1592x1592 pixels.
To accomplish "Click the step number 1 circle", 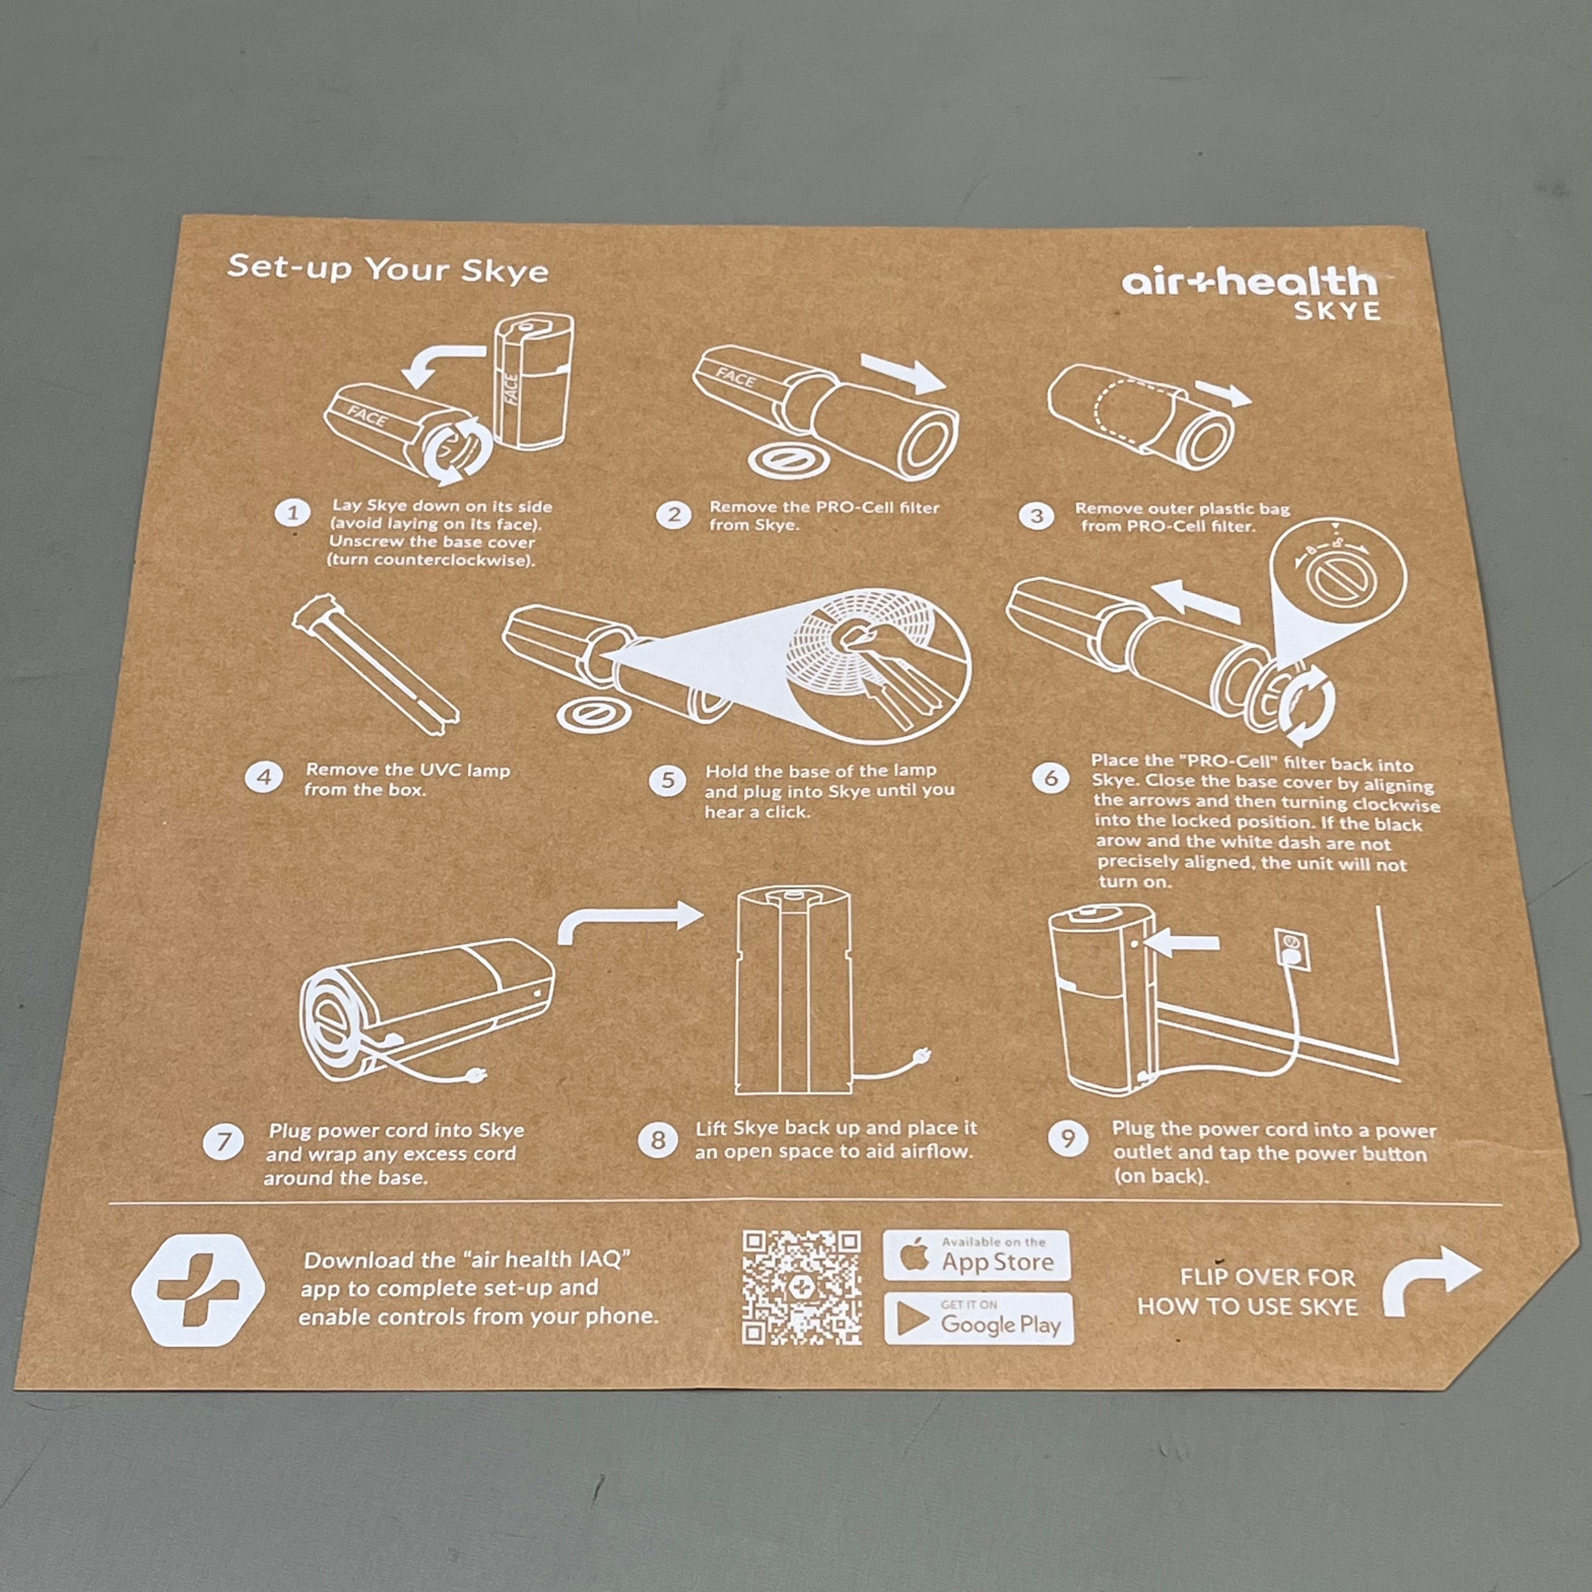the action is click(293, 513).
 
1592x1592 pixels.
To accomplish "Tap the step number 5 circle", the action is click(668, 780).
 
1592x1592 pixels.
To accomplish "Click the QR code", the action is click(802, 1287).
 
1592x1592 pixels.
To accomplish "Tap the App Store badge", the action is click(977, 1255).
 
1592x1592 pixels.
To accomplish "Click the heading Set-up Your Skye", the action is click(388, 268).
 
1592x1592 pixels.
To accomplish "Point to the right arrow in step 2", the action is click(903, 372).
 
